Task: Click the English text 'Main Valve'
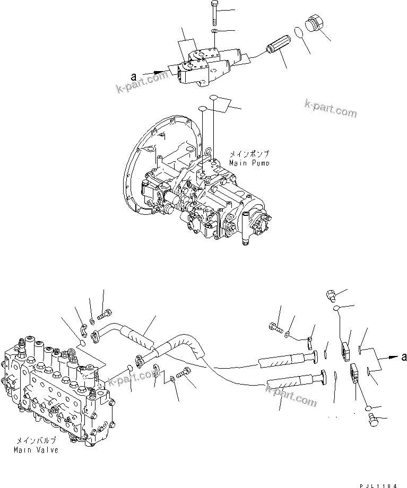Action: tap(36, 450)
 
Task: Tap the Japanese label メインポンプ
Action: tap(248, 153)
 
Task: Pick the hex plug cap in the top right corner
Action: tap(314, 25)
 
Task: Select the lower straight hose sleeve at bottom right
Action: tap(292, 382)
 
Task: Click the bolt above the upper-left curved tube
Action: tap(105, 312)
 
